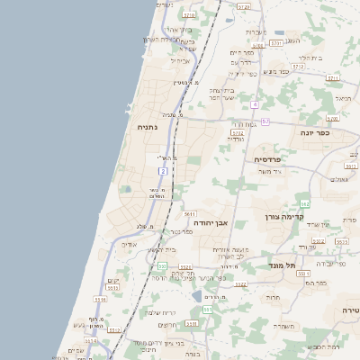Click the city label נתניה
[147, 128]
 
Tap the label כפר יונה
[317, 131]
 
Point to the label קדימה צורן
[286, 216]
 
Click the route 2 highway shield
[163, 170]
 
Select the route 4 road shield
[255, 104]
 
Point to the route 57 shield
[265, 121]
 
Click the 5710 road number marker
[189, 15]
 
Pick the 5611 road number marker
[190, 214]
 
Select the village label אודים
[129, 244]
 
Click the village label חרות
[272, 297]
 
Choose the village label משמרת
[287, 326]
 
